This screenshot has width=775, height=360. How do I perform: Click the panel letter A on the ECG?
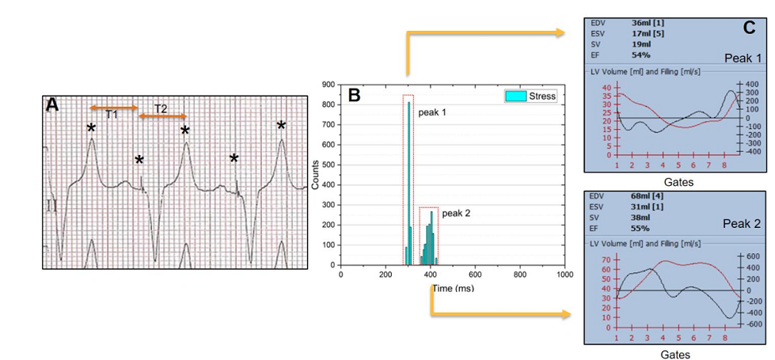pyautogui.click(x=53, y=105)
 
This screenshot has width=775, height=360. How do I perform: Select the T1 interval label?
pyautogui.click(x=112, y=115)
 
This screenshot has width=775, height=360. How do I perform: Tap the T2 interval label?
pyautogui.click(x=161, y=108)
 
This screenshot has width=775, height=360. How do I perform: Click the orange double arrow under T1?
pyautogui.click(x=114, y=107)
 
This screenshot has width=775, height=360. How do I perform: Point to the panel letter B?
pyautogui.click(x=355, y=95)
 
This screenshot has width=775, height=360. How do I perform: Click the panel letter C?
pyautogui.click(x=750, y=28)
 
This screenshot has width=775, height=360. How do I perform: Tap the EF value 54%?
pyautogui.click(x=641, y=55)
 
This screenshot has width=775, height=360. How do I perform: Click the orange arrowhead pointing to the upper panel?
pyautogui.click(x=564, y=32)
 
